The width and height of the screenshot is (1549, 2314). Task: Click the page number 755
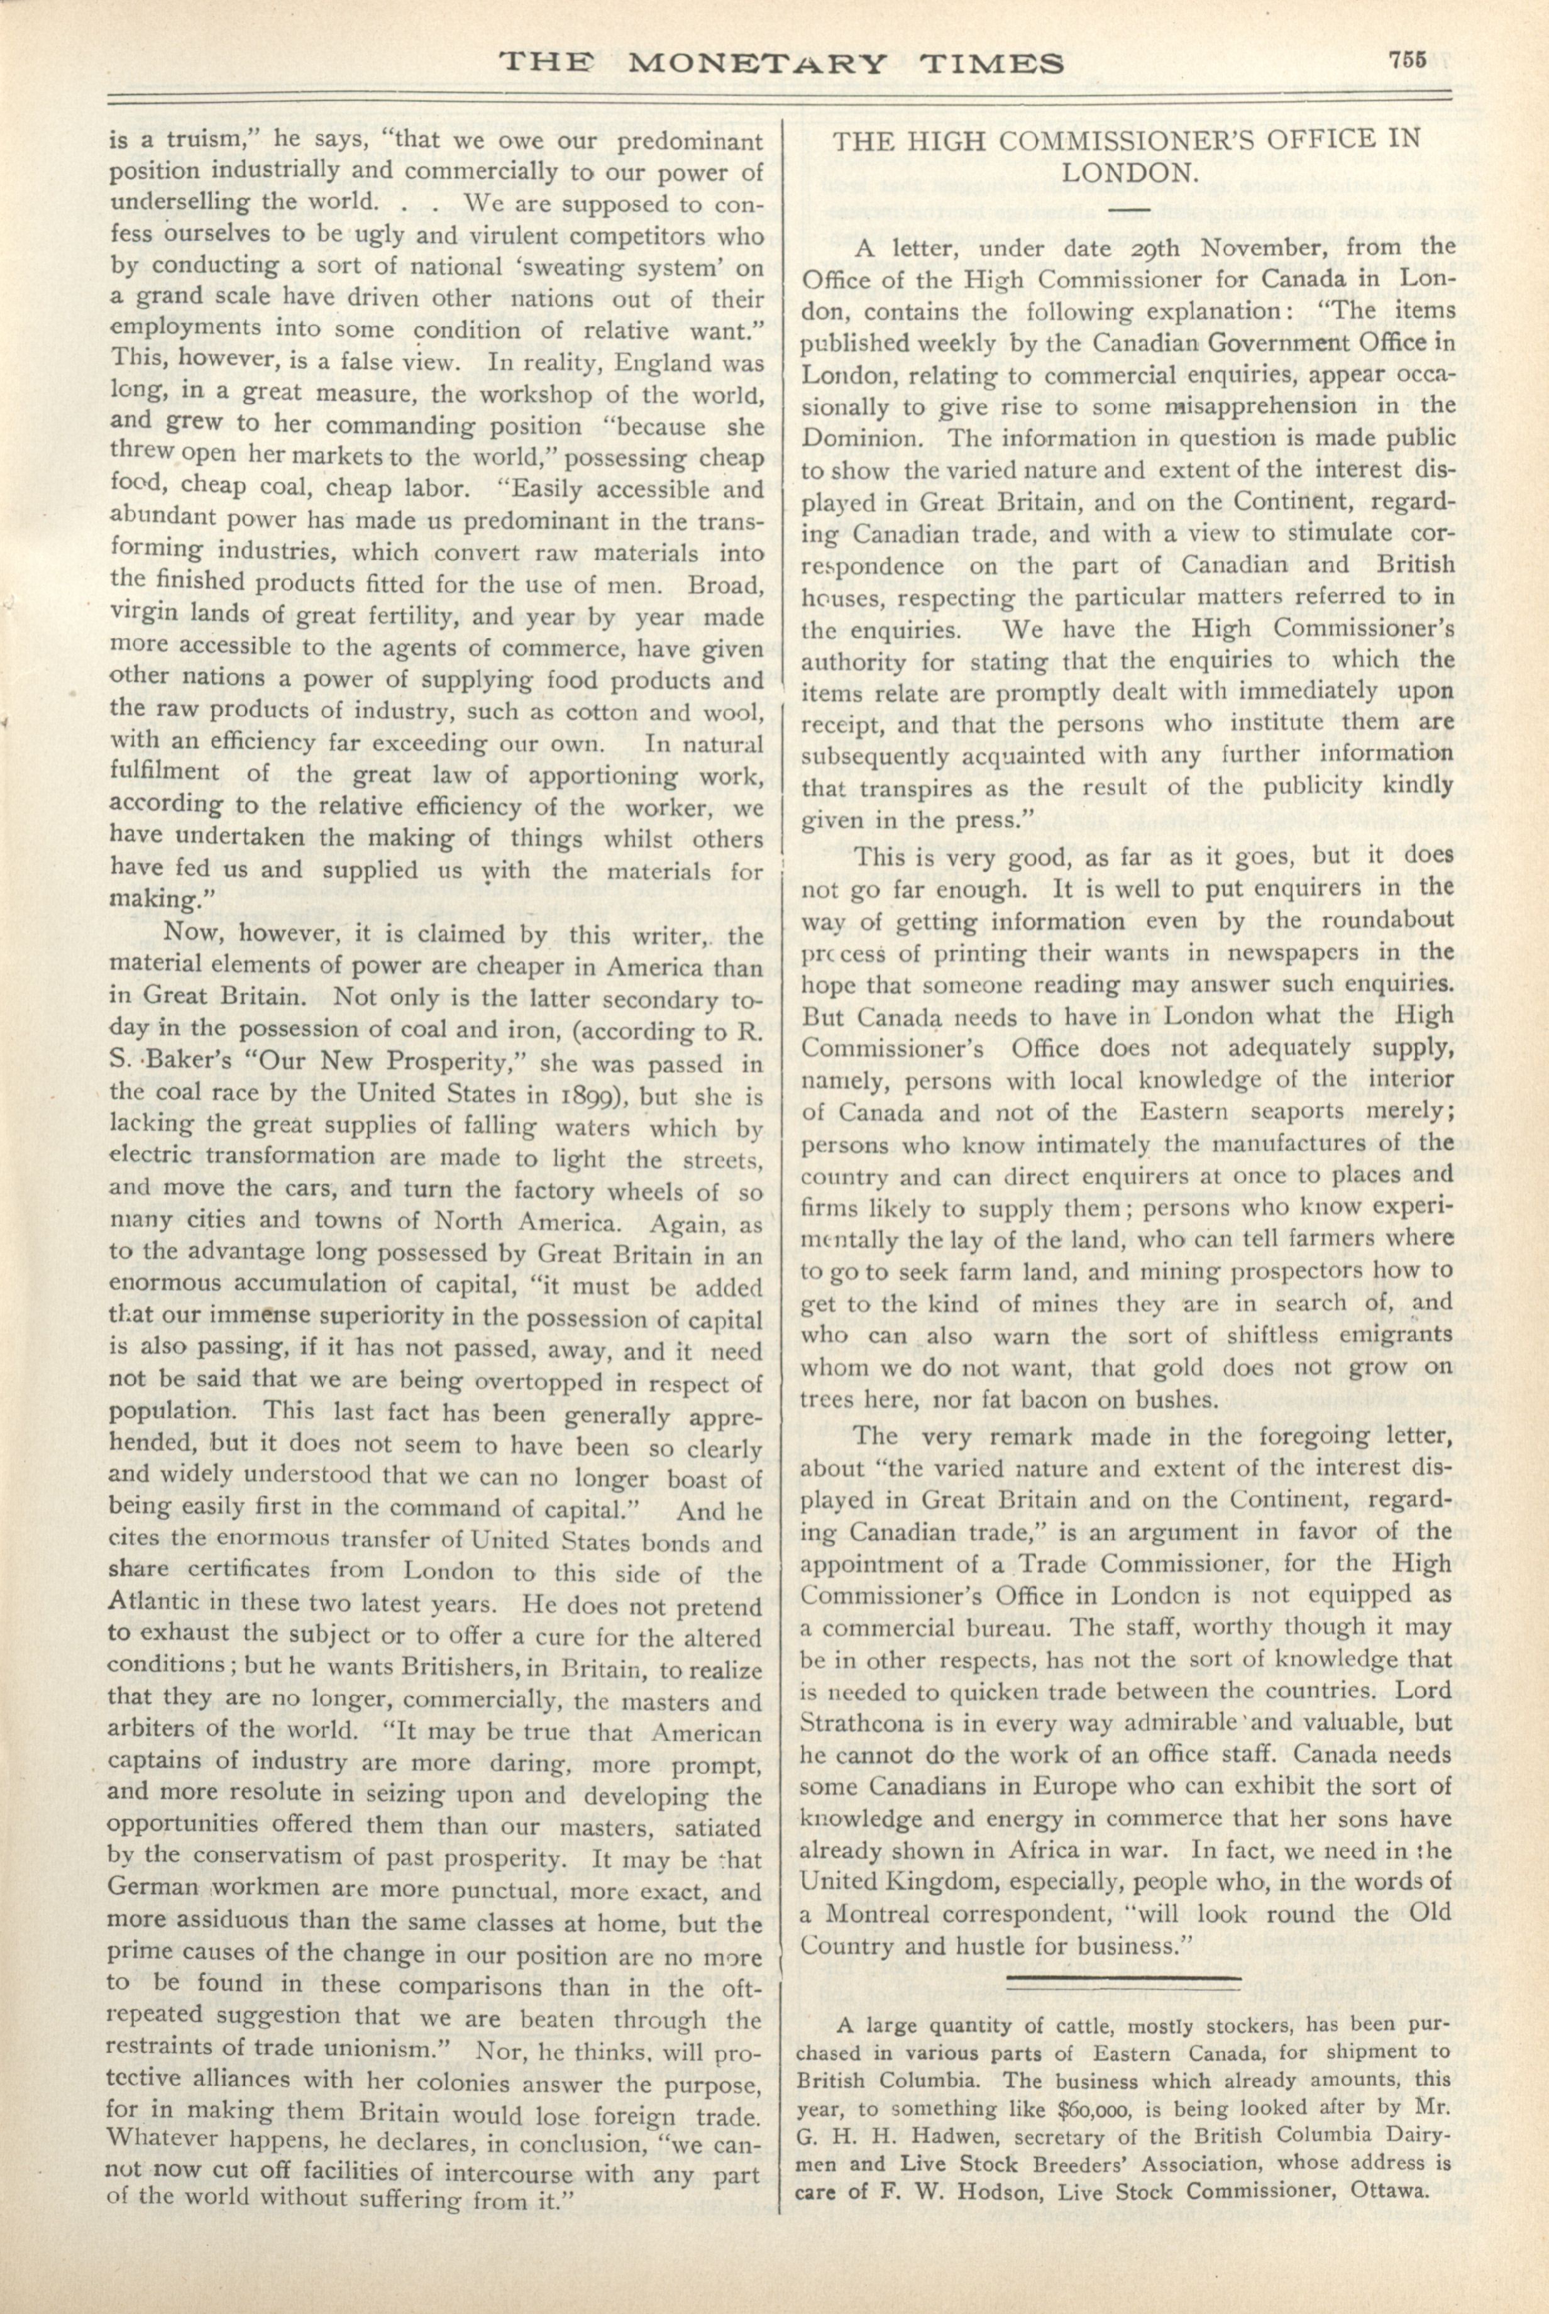tap(1406, 59)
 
